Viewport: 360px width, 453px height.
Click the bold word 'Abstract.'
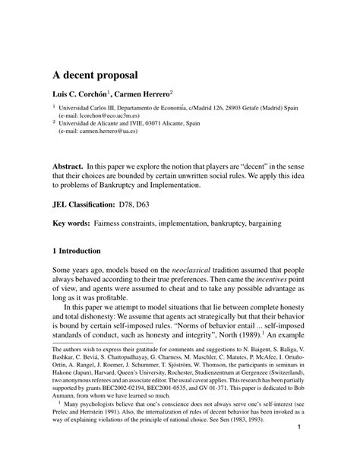coord(68,166)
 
